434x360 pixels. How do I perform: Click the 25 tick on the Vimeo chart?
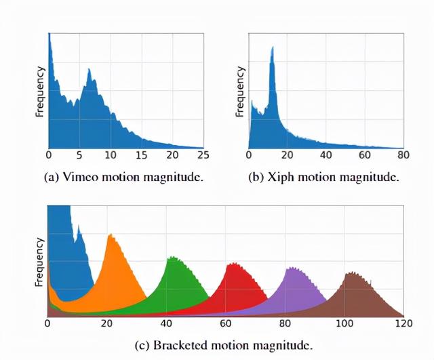coord(203,155)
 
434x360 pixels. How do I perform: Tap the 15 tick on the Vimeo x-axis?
coord(142,155)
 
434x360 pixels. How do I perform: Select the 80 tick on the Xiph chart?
coord(403,155)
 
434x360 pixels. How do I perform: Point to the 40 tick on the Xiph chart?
coord(325,155)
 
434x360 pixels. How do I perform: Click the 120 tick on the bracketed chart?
coord(403,324)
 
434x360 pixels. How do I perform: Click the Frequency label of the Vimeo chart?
coord(39,91)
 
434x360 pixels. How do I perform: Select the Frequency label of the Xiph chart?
coord(239,91)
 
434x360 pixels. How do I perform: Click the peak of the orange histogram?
coord(109,235)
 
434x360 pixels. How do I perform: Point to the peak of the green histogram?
coord(172,258)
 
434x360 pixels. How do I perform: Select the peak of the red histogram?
coord(233,264)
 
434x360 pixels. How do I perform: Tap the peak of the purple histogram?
coord(292,268)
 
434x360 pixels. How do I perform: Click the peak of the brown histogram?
coord(352,273)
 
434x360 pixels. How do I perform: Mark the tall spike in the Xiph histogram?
coord(273,47)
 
